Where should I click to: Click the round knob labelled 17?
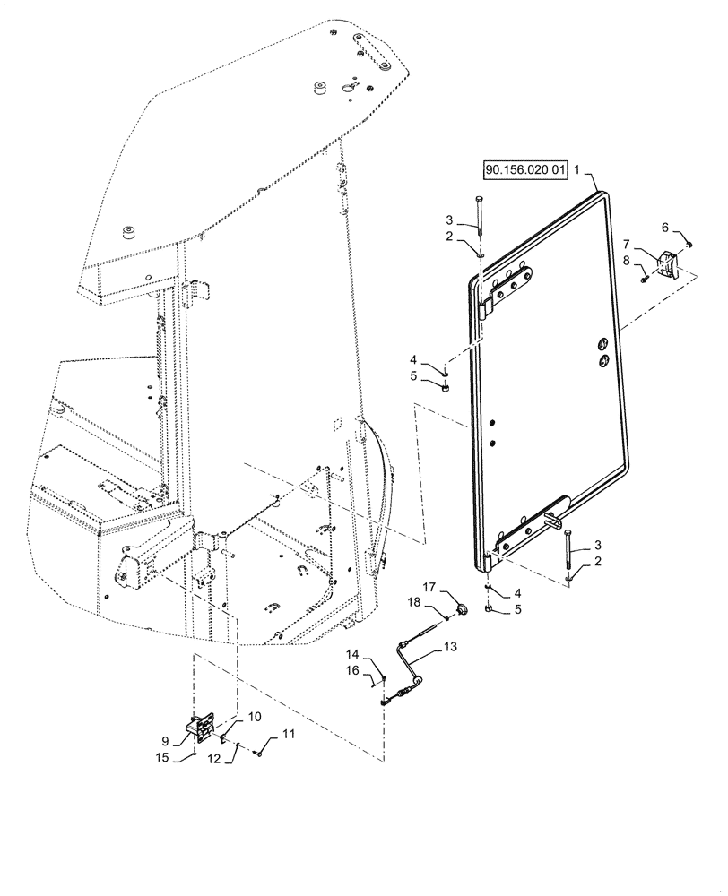(x=464, y=610)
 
